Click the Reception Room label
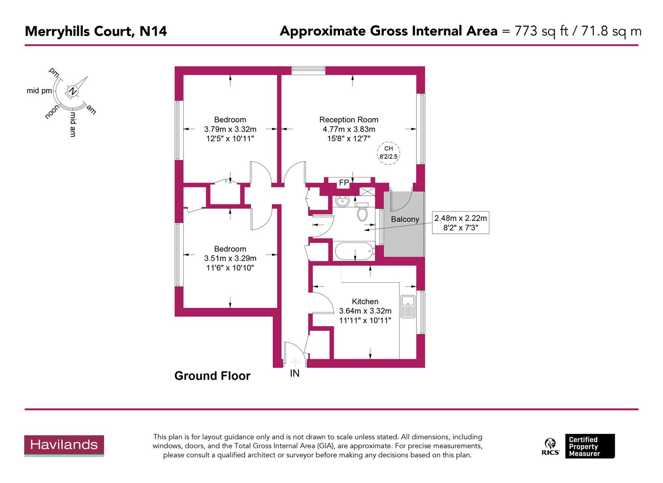[x=348, y=119]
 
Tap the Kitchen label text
[x=365, y=301]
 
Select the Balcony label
[x=405, y=219]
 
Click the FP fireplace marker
[x=344, y=182]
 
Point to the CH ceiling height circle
[x=388, y=153]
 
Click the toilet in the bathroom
[x=362, y=212]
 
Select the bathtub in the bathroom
[x=354, y=251]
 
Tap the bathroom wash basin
[x=344, y=201]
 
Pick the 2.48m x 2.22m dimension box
[x=460, y=223]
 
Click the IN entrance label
[x=294, y=373]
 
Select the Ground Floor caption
[x=212, y=376]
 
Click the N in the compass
[x=72, y=91]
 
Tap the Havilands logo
[x=64, y=445]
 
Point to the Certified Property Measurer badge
[x=589, y=446]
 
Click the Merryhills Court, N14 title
[x=96, y=31]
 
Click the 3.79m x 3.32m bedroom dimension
[x=230, y=129]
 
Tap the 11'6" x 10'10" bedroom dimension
[x=230, y=268]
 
